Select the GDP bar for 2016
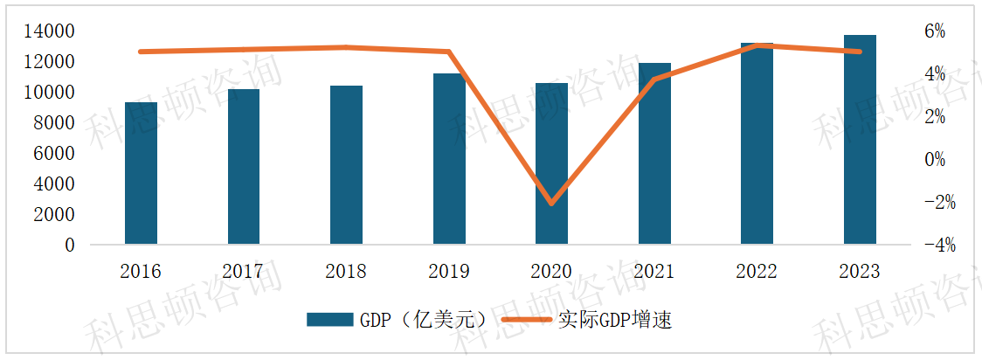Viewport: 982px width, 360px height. click(142, 173)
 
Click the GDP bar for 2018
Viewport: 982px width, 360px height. click(347, 165)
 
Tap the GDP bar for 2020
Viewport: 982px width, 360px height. click(551, 163)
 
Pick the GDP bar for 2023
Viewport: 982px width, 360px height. click(860, 140)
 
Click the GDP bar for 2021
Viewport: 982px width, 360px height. click(654, 154)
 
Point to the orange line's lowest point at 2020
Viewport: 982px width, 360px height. click(551, 203)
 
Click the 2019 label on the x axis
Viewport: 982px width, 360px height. click(449, 272)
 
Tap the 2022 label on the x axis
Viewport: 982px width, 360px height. click(757, 272)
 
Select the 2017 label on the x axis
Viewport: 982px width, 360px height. click(244, 272)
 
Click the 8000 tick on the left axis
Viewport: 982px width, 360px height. click(55, 123)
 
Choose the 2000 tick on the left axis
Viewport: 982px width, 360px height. click(55, 215)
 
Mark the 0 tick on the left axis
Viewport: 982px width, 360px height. click(69, 246)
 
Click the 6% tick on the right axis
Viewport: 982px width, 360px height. click(935, 31)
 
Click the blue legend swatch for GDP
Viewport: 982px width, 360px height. click(329, 320)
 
